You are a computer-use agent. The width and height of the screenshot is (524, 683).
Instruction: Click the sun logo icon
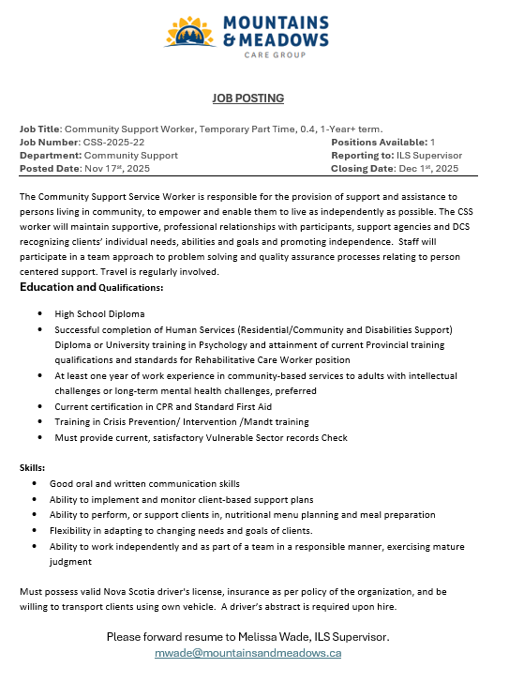192,33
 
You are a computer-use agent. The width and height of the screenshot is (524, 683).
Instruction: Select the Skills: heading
33,466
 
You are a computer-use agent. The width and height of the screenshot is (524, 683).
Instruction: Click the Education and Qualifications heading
92,287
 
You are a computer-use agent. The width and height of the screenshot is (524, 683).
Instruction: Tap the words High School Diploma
99,313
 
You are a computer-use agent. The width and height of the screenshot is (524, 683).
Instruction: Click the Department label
51,155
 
